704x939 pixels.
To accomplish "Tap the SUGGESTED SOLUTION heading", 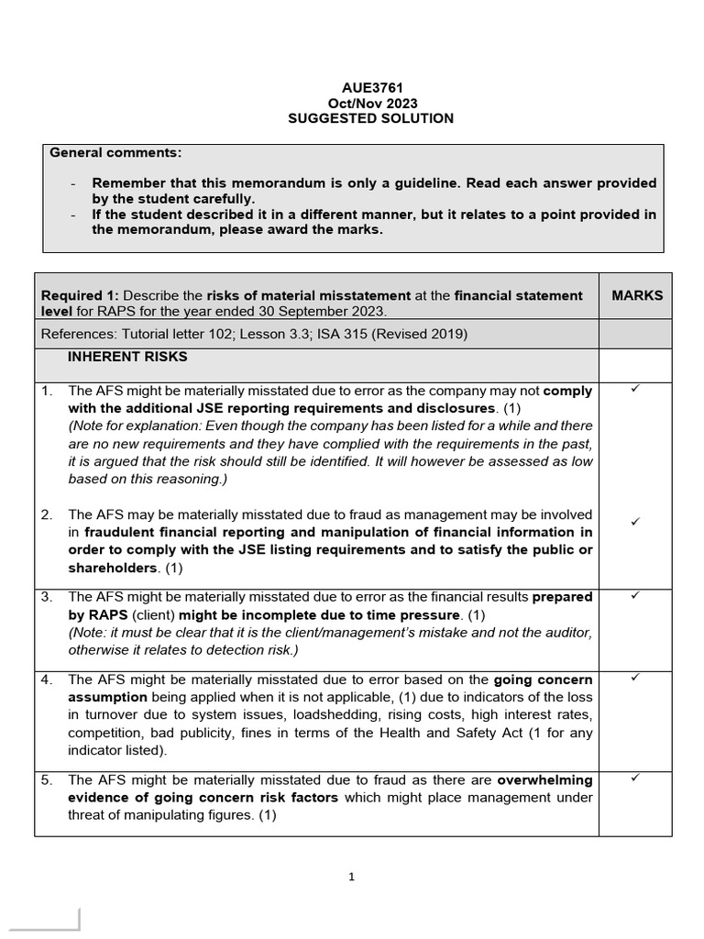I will coord(370,119).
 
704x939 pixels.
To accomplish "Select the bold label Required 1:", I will coord(81,295).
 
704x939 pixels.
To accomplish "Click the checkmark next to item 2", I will coord(634,522).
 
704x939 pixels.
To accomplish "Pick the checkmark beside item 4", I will coord(634,679).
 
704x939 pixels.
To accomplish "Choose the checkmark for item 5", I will coord(634,779).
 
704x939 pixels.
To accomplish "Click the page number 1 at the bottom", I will coord(352,877).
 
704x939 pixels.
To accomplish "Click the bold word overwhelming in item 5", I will coord(544,780).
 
